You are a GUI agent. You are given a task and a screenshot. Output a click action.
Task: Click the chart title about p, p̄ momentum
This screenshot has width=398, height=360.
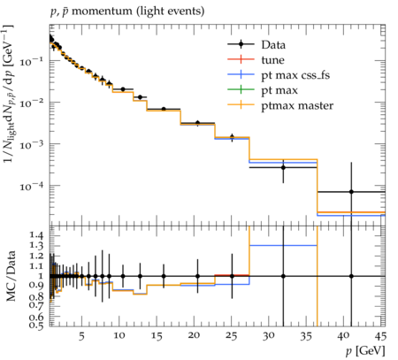click(x=127, y=11)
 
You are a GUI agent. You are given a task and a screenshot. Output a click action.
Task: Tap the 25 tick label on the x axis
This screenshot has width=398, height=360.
click(x=231, y=335)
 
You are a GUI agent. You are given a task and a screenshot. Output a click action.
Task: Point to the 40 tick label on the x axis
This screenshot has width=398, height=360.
click(x=343, y=335)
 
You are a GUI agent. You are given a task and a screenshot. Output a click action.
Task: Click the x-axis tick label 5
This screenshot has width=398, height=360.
click(x=81, y=335)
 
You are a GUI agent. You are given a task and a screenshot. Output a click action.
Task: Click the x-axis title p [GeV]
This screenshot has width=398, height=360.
click(x=365, y=351)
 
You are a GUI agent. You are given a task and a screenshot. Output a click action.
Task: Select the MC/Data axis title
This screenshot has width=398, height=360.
click(x=11, y=276)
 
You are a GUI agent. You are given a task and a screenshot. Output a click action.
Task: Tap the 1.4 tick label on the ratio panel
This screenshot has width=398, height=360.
click(x=36, y=235)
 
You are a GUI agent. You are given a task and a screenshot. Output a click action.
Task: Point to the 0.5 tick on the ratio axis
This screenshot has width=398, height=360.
click(x=36, y=325)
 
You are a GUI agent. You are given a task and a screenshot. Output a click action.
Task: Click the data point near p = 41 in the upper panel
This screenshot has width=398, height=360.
click(x=351, y=192)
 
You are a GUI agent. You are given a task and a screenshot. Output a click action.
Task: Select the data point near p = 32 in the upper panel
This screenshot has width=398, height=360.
click(x=283, y=167)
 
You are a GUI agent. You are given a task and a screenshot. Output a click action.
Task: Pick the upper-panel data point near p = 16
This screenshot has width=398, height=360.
click(x=164, y=109)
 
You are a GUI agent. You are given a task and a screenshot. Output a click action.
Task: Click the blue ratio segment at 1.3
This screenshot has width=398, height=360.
click(x=283, y=245)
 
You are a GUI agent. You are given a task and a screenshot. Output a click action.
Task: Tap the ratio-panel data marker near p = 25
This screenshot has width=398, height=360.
click(x=232, y=276)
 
